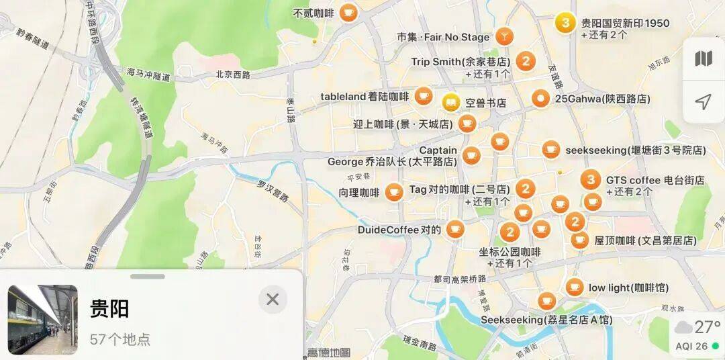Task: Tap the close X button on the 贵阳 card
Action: pyautogui.click(x=273, y=299)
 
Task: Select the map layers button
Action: pyautogui.click(x=703, y=59)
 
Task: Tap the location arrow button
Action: pyautogui.click(x=703, y=102)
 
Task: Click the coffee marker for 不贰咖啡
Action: pyautogui.click(x=348, y=12)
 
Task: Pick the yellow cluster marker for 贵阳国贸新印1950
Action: pyautogui.click(x=566, y=23)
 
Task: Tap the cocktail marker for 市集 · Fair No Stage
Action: pyautogui.click(x=504, y=37)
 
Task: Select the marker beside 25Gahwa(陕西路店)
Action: pyautogui.click(x=540, y=99)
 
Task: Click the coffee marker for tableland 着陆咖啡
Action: pyautogui.click(x=423, y=96)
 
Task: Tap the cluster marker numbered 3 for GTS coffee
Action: pyautogui.click(x=591, y=179)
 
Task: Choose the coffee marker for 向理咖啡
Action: pyautogui.click(x=394, y=192)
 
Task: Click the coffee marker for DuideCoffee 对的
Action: pyautogui.click(x=455, y=230)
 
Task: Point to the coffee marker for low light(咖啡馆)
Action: pyautogui.click(x=574, y=287)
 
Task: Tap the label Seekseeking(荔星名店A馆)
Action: pyautogui.click(x=546, y=320)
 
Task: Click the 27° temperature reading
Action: pyautogui.click(x=707, y=328)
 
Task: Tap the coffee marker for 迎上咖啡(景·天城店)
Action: pyautogui.click(x=467, y=124)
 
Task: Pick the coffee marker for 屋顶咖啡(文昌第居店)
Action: pyautogui.click(x=580, y=240)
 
